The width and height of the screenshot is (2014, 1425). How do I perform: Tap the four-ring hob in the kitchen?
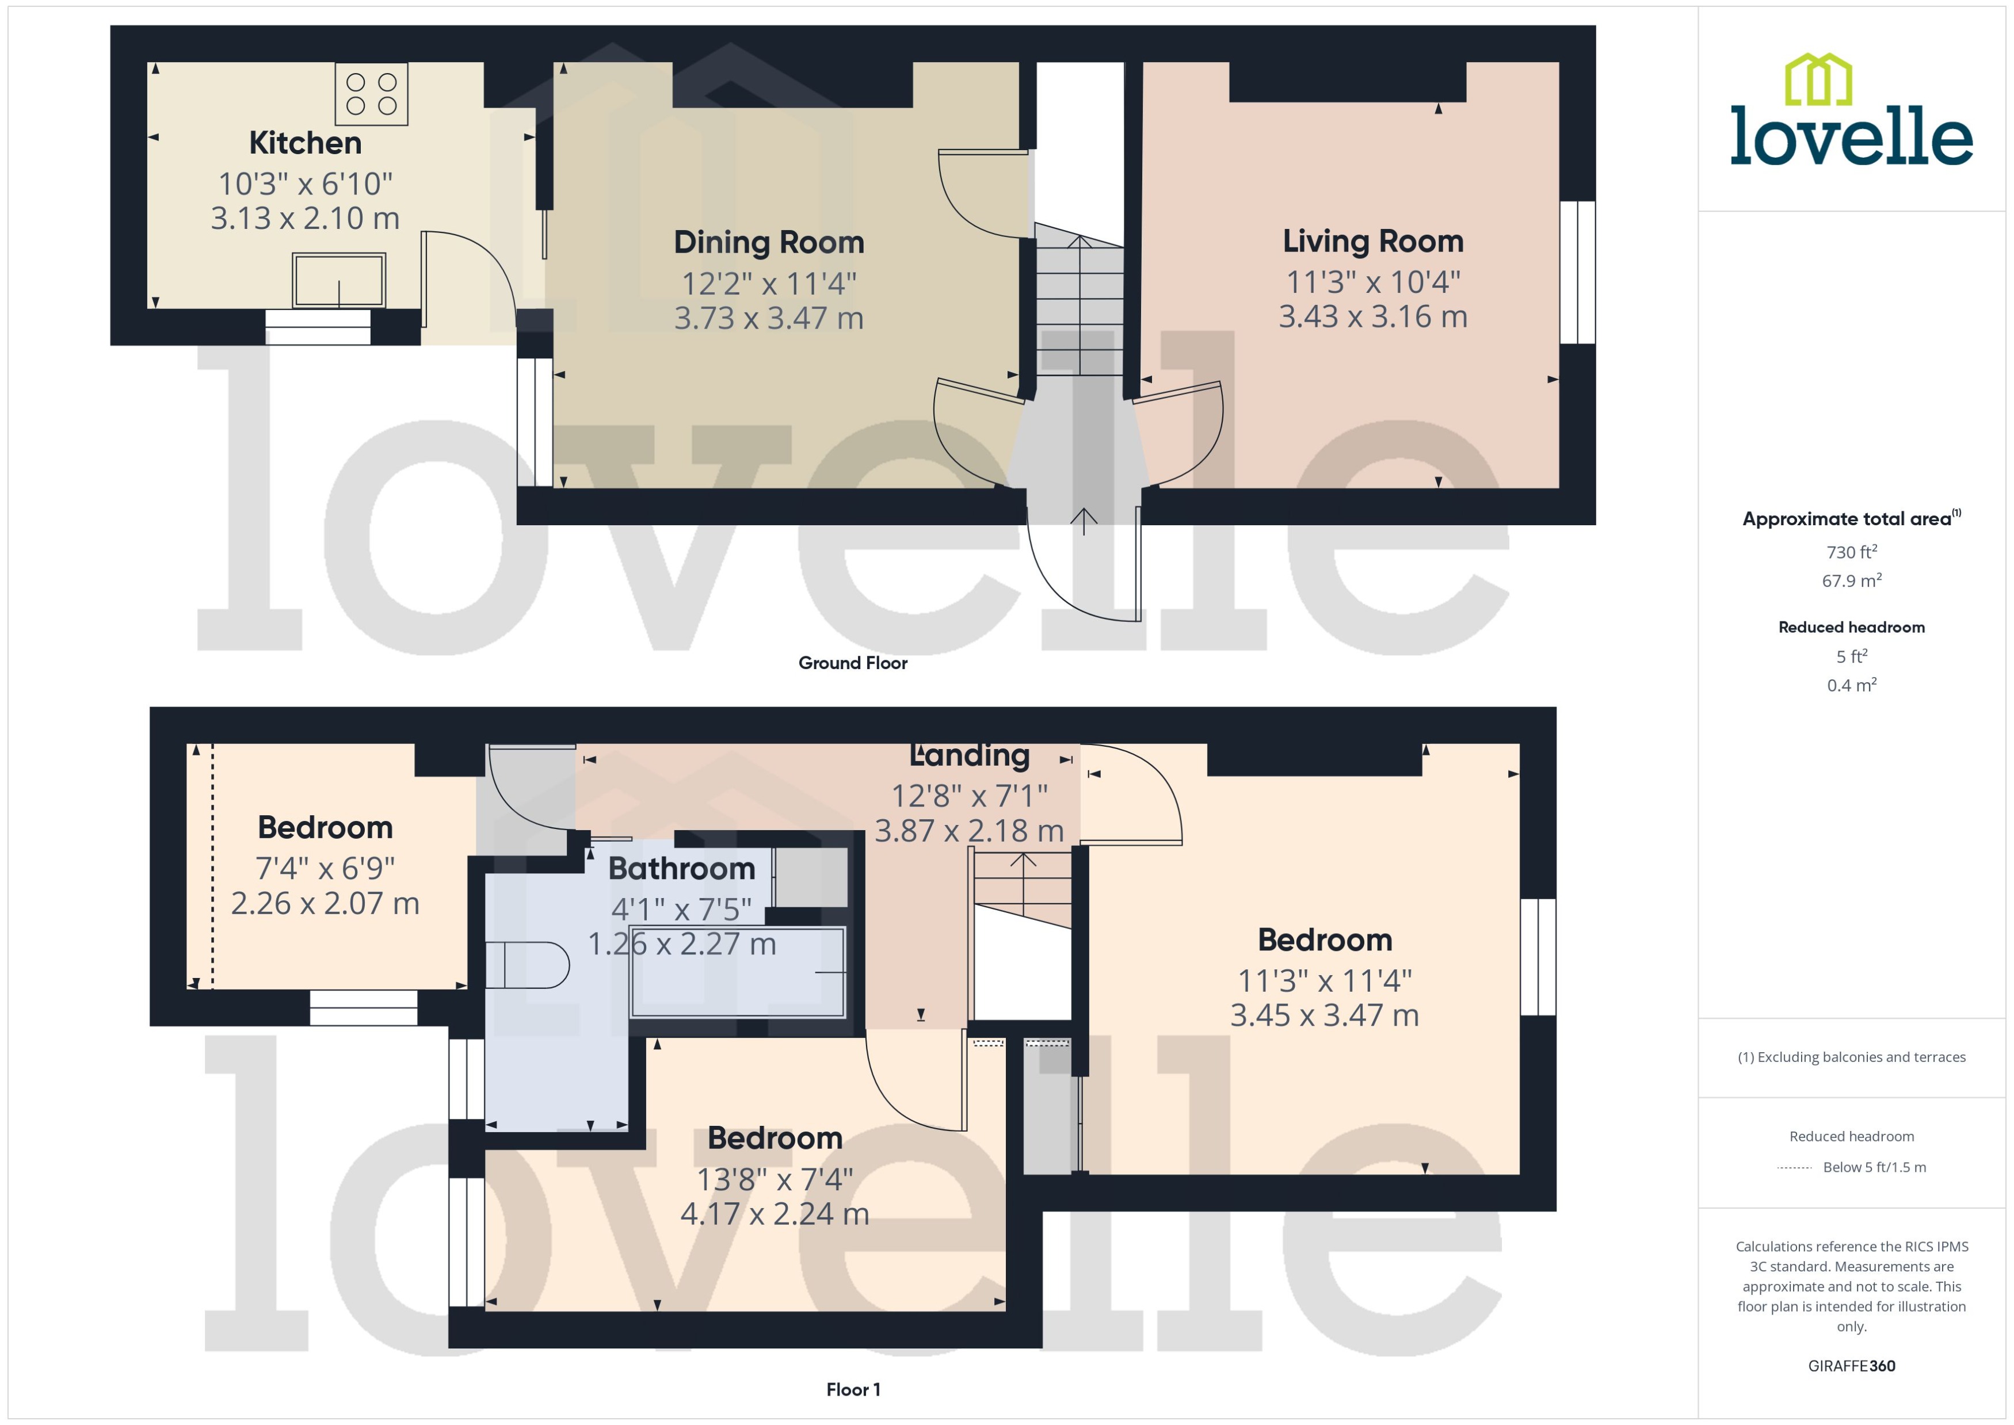click(371, 94)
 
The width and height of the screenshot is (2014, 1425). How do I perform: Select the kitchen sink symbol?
click(339, 281)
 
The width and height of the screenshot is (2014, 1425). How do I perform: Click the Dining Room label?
click(769, 242)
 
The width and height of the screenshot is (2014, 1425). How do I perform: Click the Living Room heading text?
click(1372, 241)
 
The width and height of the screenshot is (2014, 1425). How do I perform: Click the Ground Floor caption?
click(852, 663)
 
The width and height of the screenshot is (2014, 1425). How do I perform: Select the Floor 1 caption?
click(852, 1389)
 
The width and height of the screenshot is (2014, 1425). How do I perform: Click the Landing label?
click(970, 755)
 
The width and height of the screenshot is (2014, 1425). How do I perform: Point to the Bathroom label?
click(682, 869)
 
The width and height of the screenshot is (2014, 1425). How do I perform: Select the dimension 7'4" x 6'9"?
click(325, 869)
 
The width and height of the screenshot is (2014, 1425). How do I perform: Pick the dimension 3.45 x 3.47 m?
click(1324, 1015)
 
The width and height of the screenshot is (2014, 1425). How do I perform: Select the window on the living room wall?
click(1577, 272)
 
